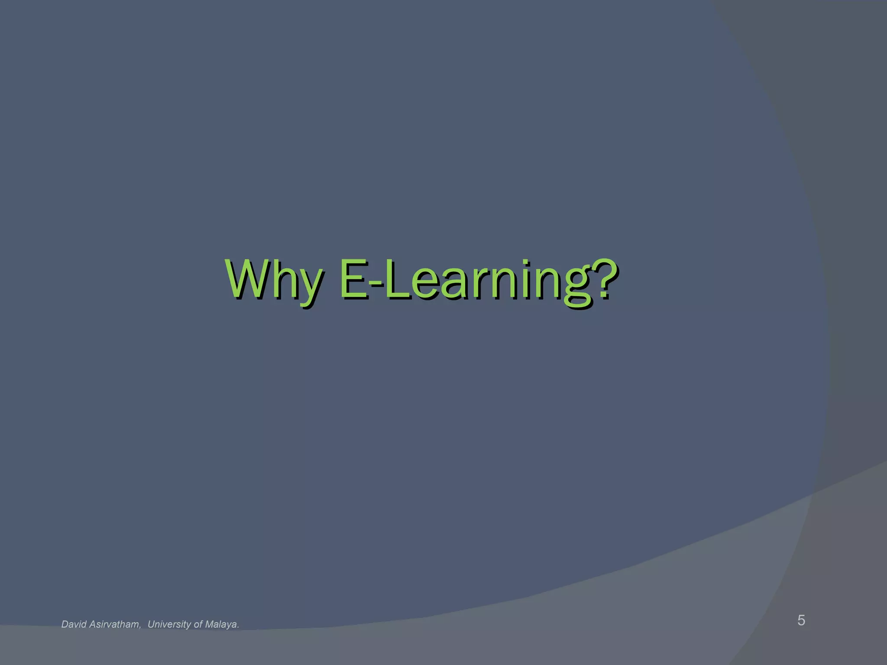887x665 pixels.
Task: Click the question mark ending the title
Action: click(603, 277)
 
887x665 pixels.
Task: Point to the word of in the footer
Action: click(198, 624)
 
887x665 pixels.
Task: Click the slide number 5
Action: click(801, 620)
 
